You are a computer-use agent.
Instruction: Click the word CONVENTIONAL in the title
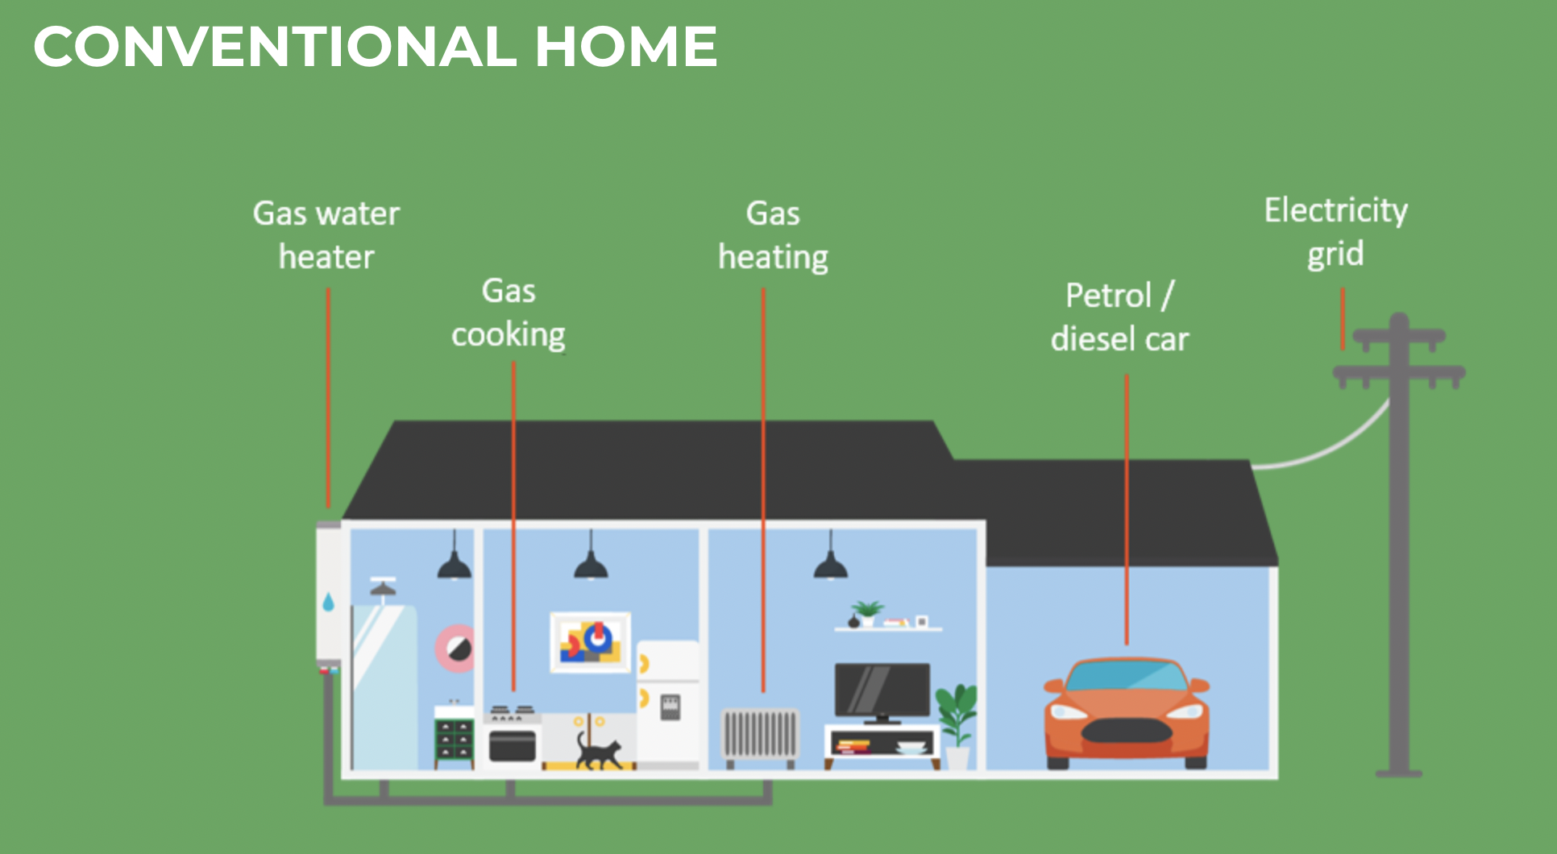click(274, 47)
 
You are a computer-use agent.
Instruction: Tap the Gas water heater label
click(326, 235)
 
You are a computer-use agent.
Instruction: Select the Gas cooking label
click(509, 313)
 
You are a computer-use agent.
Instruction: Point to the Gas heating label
click(773, 235)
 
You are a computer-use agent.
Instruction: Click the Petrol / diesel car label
click(1119, 317)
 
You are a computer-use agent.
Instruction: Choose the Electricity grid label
click(1335, 232)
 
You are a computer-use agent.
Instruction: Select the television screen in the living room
click(882, 689)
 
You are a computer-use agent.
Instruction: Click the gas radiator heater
click(759, 734)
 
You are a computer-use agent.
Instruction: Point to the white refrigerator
click(668, 701)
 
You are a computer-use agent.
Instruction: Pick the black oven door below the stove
click(513, 745)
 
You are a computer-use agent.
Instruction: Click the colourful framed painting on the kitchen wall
click(590, 642)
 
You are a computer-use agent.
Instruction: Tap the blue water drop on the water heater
click(328, 602)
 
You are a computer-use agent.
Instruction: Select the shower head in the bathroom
click(383, 588)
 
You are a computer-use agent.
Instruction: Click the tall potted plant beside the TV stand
click(957, 713)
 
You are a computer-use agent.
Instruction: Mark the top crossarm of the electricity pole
click(1399, 335)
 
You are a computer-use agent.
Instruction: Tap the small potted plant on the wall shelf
click(867, 612)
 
